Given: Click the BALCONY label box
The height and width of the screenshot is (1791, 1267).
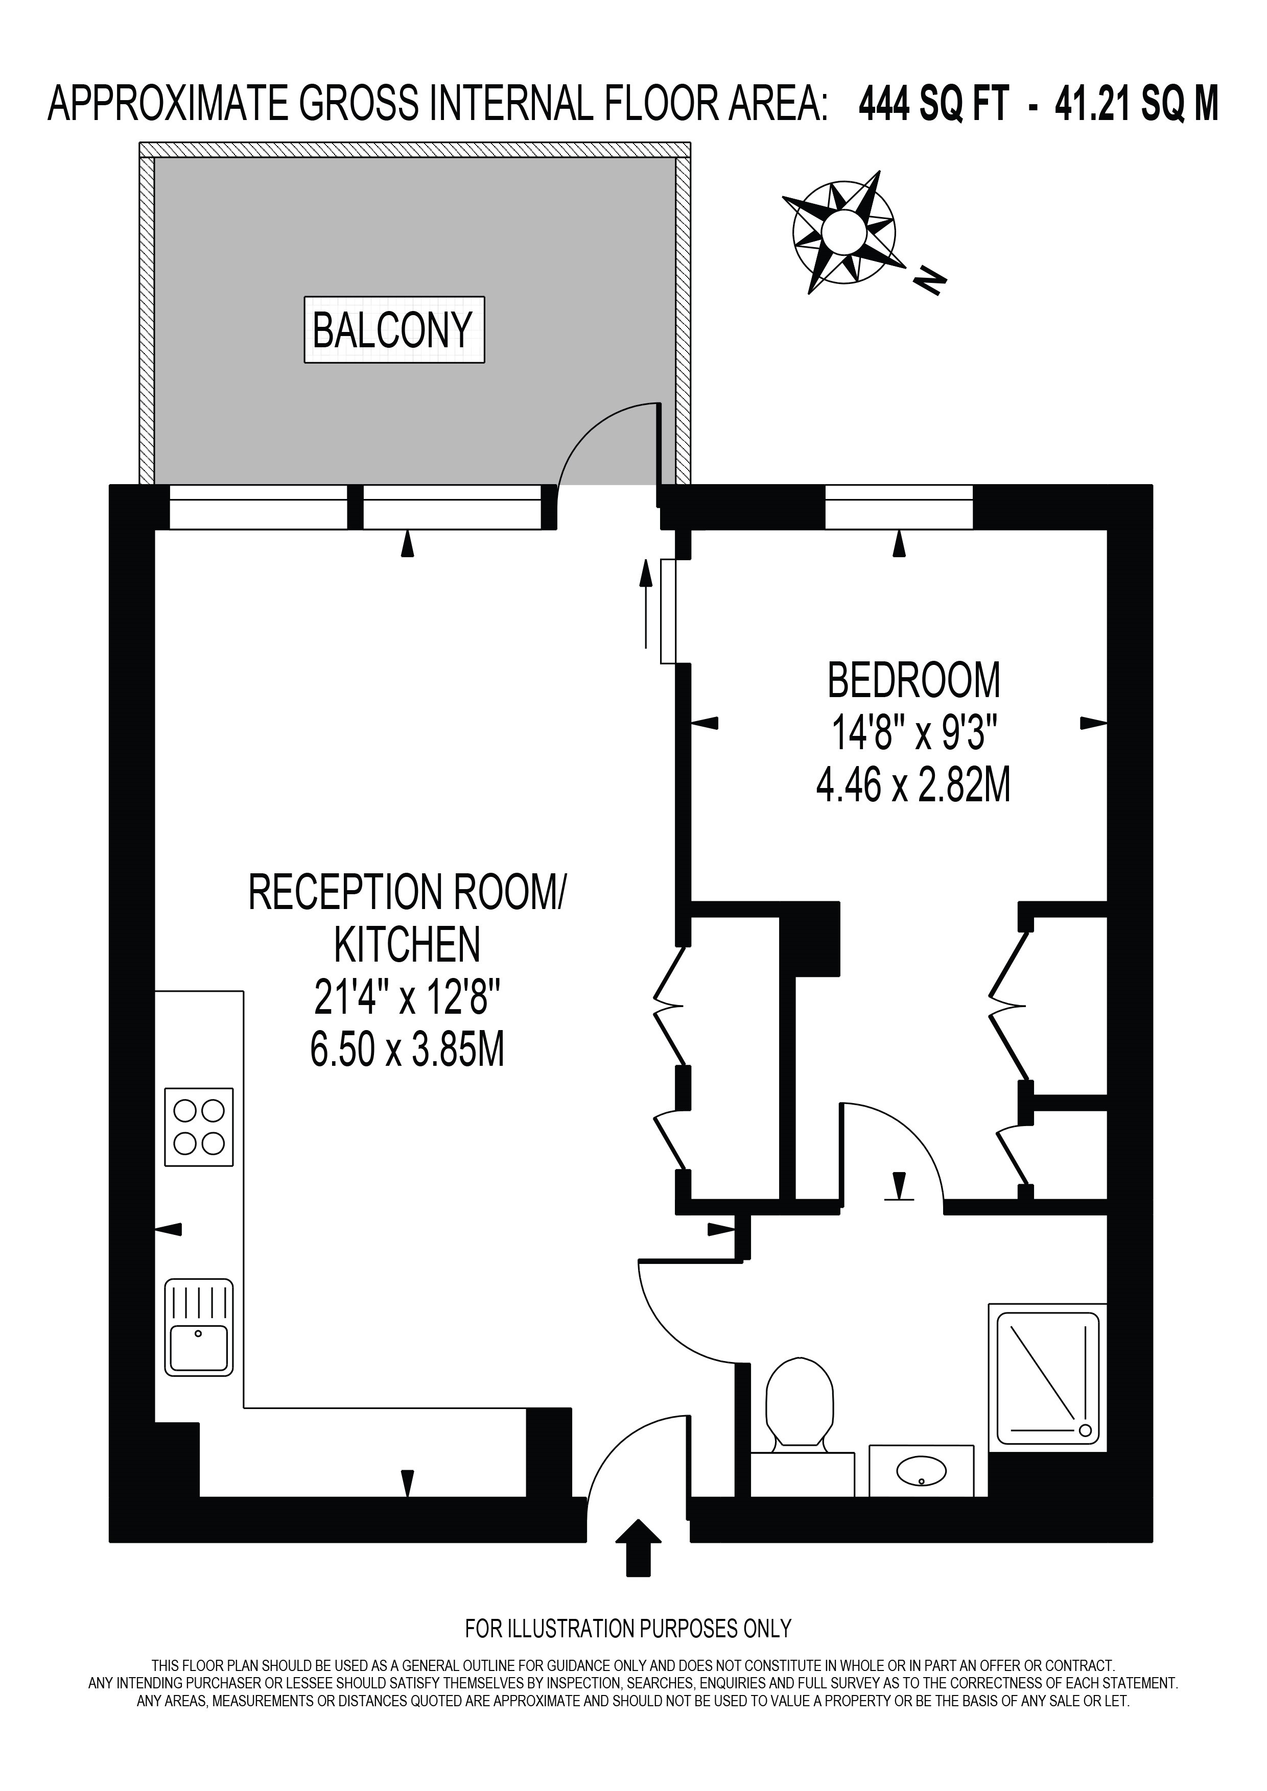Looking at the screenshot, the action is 394,329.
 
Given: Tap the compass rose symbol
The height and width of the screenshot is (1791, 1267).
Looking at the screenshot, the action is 842,232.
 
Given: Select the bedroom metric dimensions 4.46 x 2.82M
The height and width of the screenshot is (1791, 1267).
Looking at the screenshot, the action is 913,785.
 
